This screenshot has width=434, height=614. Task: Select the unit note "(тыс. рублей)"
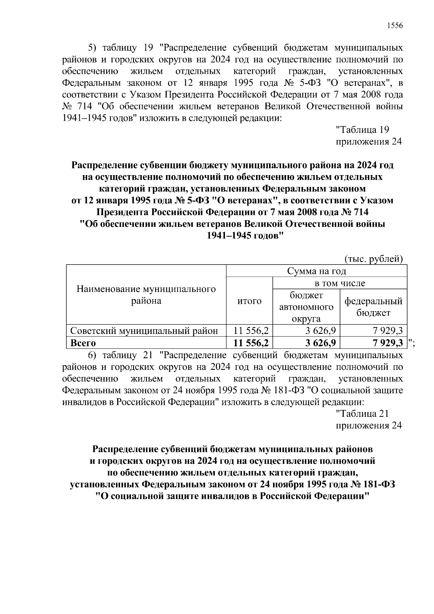[373, 259]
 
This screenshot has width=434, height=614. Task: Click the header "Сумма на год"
[316, 271]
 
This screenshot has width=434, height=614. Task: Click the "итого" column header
[249, 301]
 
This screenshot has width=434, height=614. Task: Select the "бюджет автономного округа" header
[306, 307]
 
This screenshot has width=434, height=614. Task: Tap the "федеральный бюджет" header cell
[373, 306]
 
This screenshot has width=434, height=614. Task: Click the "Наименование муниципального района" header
[146, 295]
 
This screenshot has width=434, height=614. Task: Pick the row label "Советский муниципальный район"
[144, 330]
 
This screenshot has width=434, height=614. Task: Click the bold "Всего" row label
[83, 342]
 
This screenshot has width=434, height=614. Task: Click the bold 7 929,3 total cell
[386, 342]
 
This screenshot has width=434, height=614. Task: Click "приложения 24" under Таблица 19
[369, 141]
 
